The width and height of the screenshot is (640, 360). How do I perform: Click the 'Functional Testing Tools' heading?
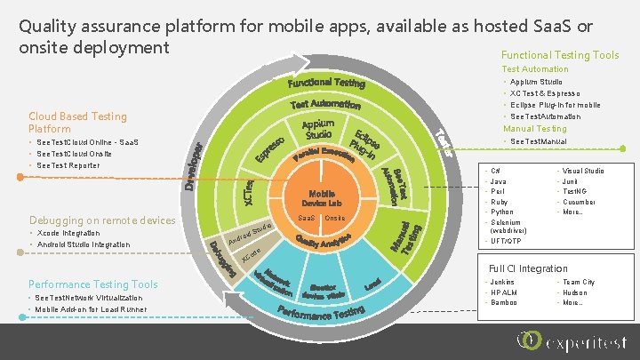(560, 55)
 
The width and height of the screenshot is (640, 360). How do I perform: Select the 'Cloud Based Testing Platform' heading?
(77, 123)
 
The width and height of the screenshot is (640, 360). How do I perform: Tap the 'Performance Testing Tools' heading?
(93, 284)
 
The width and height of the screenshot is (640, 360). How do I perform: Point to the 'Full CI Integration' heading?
(528, 268)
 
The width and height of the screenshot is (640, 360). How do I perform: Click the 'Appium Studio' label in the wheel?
(317, 130)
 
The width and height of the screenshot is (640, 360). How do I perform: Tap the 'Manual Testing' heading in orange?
(534, 129)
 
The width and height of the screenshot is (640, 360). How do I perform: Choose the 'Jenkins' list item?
(501, 282)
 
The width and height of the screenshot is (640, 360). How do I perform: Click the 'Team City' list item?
(578, 282)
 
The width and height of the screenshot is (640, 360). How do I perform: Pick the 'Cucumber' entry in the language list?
(580, 202)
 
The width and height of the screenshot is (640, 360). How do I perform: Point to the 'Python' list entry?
(501, 212)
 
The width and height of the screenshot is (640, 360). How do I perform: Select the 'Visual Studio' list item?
(583, 171)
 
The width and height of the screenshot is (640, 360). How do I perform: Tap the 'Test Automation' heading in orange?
(534, 69)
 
